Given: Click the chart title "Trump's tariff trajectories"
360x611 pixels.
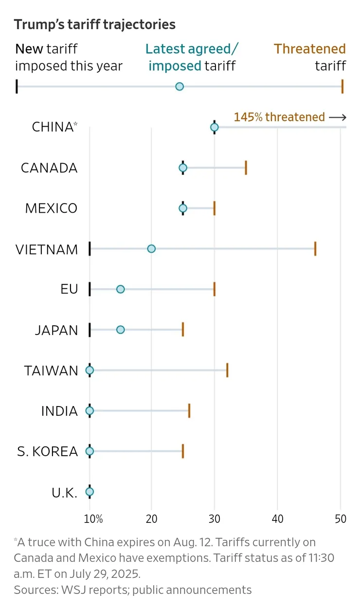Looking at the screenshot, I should pyautogui.click(x=94, y=24).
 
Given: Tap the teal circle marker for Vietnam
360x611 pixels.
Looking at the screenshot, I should pyautogui.click(x=151, y=249).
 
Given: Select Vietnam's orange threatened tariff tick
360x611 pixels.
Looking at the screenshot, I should pyautogui.click(x=315, y=249).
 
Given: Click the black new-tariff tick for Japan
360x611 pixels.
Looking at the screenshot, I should pyautogui.click(x=90, y=330).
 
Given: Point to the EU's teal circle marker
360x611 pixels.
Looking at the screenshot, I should pyautogui.click(x=120, y=289).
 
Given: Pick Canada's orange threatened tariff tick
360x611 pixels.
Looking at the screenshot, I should pyautogui.click(x=246, y=168).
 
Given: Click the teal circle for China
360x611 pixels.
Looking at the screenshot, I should pyautogui.click(x=214, y=127).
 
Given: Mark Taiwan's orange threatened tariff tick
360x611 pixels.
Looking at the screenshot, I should pyautogui.click(x=227, y=370).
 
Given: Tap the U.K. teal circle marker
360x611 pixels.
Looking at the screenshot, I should pyautogui.click(x=90, y=492).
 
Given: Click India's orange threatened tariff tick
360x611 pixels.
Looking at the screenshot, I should pyautogui.click(x=189, y=411).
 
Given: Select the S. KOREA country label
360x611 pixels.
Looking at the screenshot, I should pyautogui.click(x=47, y=451).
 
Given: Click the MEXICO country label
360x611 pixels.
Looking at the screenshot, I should pyautogui.click(x=51, y=208).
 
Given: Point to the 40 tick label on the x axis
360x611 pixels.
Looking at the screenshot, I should pyautogui.click(x=277, y=518).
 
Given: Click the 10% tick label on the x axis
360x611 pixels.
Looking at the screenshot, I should pyautogui.click(x=93, y=518).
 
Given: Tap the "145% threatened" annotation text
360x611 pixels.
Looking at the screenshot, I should pyautogui.click(x=279, y=117).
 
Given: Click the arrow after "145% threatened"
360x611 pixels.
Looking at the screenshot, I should pyautogui.click(x=337, y=117).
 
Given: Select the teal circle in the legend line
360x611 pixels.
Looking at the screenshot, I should pyautogui.click(x=179, y=87).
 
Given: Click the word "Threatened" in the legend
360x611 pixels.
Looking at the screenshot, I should pyautogui.click(x=309, y=49).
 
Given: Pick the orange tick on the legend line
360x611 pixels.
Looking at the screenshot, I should pyautogui.click(x=342, y=87).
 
